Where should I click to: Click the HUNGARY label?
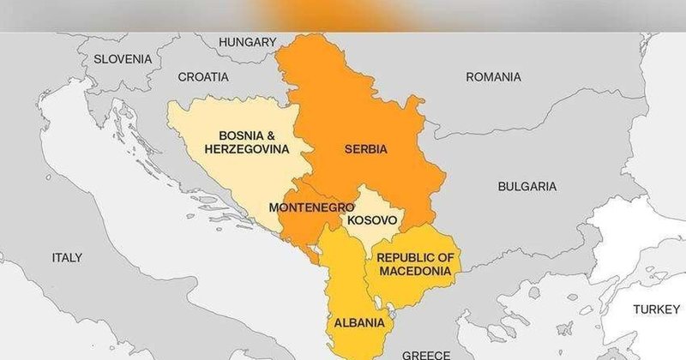point(248,42)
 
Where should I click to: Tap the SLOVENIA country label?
point(123,59)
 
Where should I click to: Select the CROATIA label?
point(203,77)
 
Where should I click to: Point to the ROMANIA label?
point(493,77)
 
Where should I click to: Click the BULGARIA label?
point(527,186)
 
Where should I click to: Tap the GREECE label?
point(426,354)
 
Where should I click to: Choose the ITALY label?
point(67,257)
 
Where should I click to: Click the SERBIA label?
point(366,149)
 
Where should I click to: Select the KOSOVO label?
point(371,220)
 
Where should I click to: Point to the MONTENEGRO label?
point(312,207)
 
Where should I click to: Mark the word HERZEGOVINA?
point(246,148)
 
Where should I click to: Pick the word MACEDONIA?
point(414,271)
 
